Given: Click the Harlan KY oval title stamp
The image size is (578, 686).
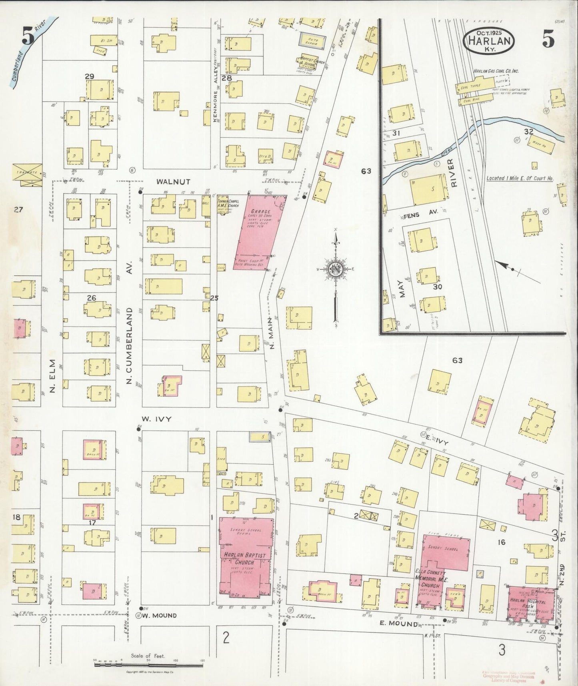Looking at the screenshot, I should [488, 40].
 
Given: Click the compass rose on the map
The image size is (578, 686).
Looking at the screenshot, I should [336, 270].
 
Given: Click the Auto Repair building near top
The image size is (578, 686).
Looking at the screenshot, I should [312, 41].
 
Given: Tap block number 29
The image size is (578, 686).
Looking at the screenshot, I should [89, 76].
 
